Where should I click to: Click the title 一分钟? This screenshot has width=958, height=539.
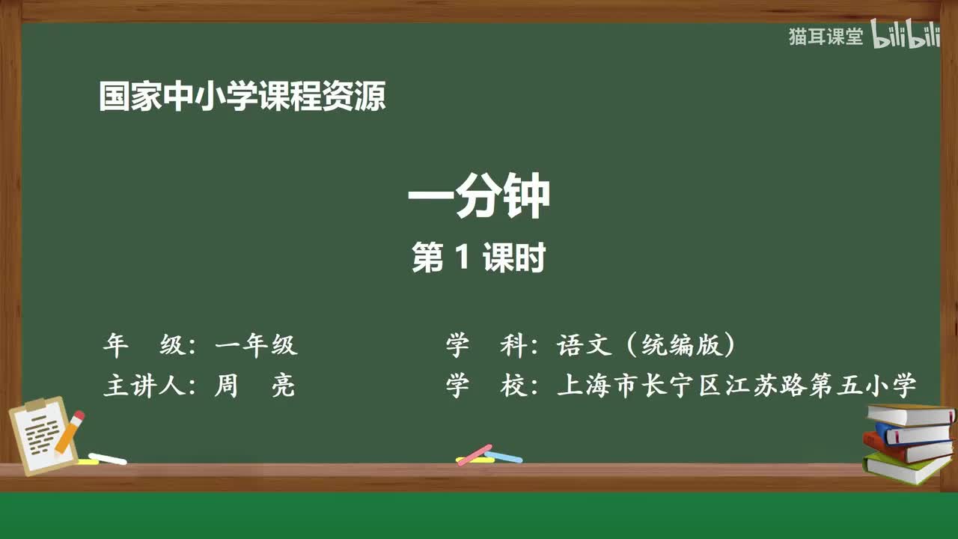478,196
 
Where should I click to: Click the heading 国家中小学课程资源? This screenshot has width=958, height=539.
242,97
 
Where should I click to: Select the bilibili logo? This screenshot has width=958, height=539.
905,37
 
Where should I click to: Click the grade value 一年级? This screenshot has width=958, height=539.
255,345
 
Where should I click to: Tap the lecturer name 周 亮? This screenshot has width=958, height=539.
254,386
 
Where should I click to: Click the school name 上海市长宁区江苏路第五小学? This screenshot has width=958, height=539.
736,386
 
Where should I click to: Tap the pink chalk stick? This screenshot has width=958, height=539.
475,454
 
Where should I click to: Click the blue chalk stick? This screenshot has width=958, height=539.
504,456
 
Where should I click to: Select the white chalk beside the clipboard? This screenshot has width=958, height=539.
107,458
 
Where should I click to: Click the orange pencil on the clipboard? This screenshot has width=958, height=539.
69,433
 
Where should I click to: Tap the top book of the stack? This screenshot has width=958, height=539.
910,414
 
